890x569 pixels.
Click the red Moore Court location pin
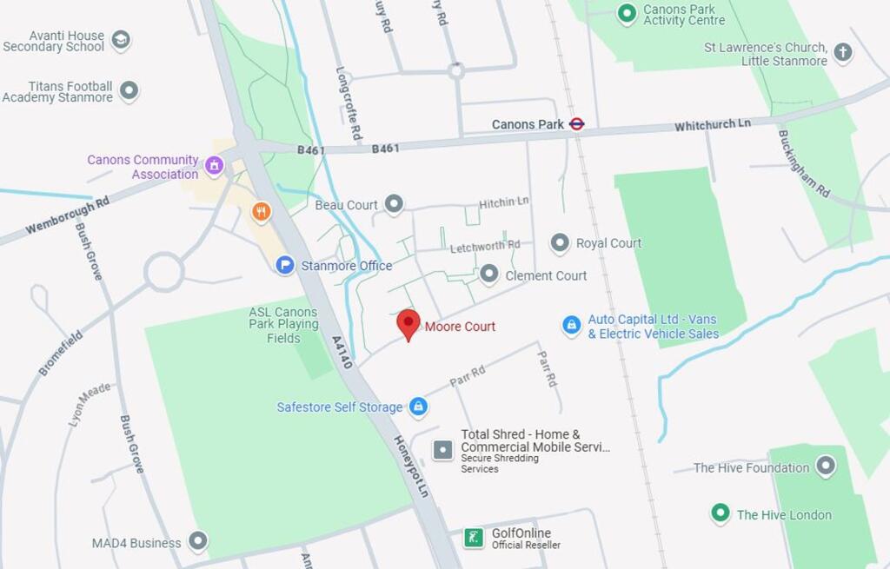[408, 324]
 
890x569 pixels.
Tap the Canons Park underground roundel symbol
[577, 124]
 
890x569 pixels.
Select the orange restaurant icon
[261, 211]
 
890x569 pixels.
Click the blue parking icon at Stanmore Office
[285, 265]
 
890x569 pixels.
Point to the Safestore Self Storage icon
[418, 407]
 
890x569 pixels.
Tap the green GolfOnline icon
[474, 538]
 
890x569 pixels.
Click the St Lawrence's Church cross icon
[842, 52]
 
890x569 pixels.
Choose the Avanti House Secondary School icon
[121, 40]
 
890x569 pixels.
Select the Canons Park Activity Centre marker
[627, 14]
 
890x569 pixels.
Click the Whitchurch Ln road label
[713, 125]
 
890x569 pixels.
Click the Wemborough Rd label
[67, 215]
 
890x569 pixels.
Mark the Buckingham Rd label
[804, 163]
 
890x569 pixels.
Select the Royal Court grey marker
[561, 243]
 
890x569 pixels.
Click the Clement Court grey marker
[489, 275]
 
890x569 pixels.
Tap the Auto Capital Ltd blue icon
[571, 326]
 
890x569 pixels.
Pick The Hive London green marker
[720, 514]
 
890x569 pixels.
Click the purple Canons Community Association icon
[214, 163]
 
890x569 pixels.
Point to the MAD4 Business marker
[198, 542]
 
